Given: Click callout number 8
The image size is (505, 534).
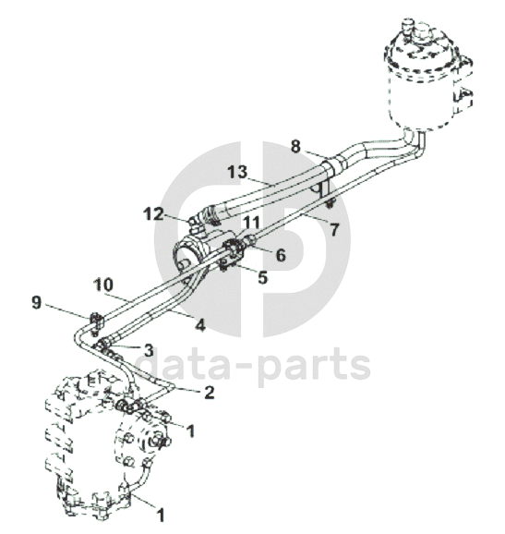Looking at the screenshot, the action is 295,147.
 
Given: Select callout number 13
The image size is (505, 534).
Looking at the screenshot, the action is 237,172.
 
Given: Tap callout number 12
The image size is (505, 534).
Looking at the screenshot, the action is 153,214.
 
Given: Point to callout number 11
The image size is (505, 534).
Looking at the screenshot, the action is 252,223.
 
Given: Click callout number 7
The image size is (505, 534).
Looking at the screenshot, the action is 334,229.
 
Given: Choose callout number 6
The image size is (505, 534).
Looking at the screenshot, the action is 281,255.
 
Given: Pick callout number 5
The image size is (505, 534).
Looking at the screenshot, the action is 263,277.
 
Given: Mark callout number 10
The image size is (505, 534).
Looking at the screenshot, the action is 103,285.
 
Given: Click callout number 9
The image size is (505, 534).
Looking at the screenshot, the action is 36,302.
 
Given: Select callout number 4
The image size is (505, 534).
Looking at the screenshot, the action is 200,326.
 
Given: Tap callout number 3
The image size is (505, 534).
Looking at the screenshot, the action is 149,351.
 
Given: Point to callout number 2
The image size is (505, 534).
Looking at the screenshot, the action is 209,393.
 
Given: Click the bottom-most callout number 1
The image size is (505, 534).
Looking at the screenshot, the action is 161,515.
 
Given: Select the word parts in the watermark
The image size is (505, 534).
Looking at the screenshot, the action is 314,367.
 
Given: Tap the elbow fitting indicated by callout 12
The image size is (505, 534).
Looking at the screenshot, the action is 197,225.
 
